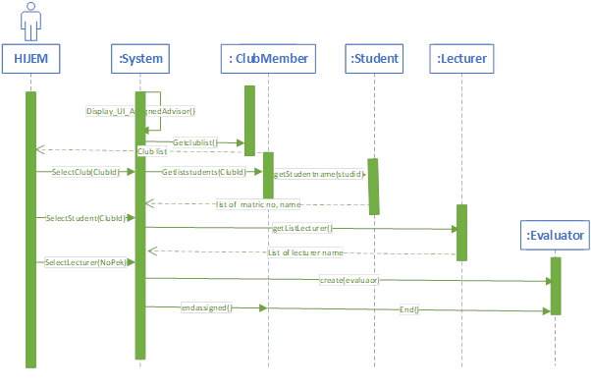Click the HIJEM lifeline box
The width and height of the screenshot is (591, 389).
click(x=30, y=60)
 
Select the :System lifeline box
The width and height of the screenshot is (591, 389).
click(x=140, y=60)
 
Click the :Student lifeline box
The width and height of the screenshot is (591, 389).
click(x=374, y=60)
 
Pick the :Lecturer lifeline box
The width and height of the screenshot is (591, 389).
click(x=460, y=60)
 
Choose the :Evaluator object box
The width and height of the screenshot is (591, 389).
click(x=556, y=236)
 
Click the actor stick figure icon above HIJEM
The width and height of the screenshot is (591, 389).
click(x=30, y=21)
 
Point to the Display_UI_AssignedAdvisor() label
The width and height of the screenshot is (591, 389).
click(x=140, y=112)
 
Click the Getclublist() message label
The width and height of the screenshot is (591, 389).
click(x=195, y=142)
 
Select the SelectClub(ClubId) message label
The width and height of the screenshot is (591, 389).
click(x=84, y=172)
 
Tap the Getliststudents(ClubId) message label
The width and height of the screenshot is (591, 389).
click(x=204, y=172)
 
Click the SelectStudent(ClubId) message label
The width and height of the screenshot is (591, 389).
click(x=83, y=217)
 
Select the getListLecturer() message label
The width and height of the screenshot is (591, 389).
click(x=301, y=228)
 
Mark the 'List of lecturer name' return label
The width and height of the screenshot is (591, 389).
click(x=304, y=252)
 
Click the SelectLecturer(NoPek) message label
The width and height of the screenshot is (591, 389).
click(x=84, y=262)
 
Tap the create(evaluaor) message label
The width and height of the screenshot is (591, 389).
click(x=349, y=280)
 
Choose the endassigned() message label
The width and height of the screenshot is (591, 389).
click(x=205, y=307)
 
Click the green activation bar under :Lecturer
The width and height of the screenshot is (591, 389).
click(x=461, y=232)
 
